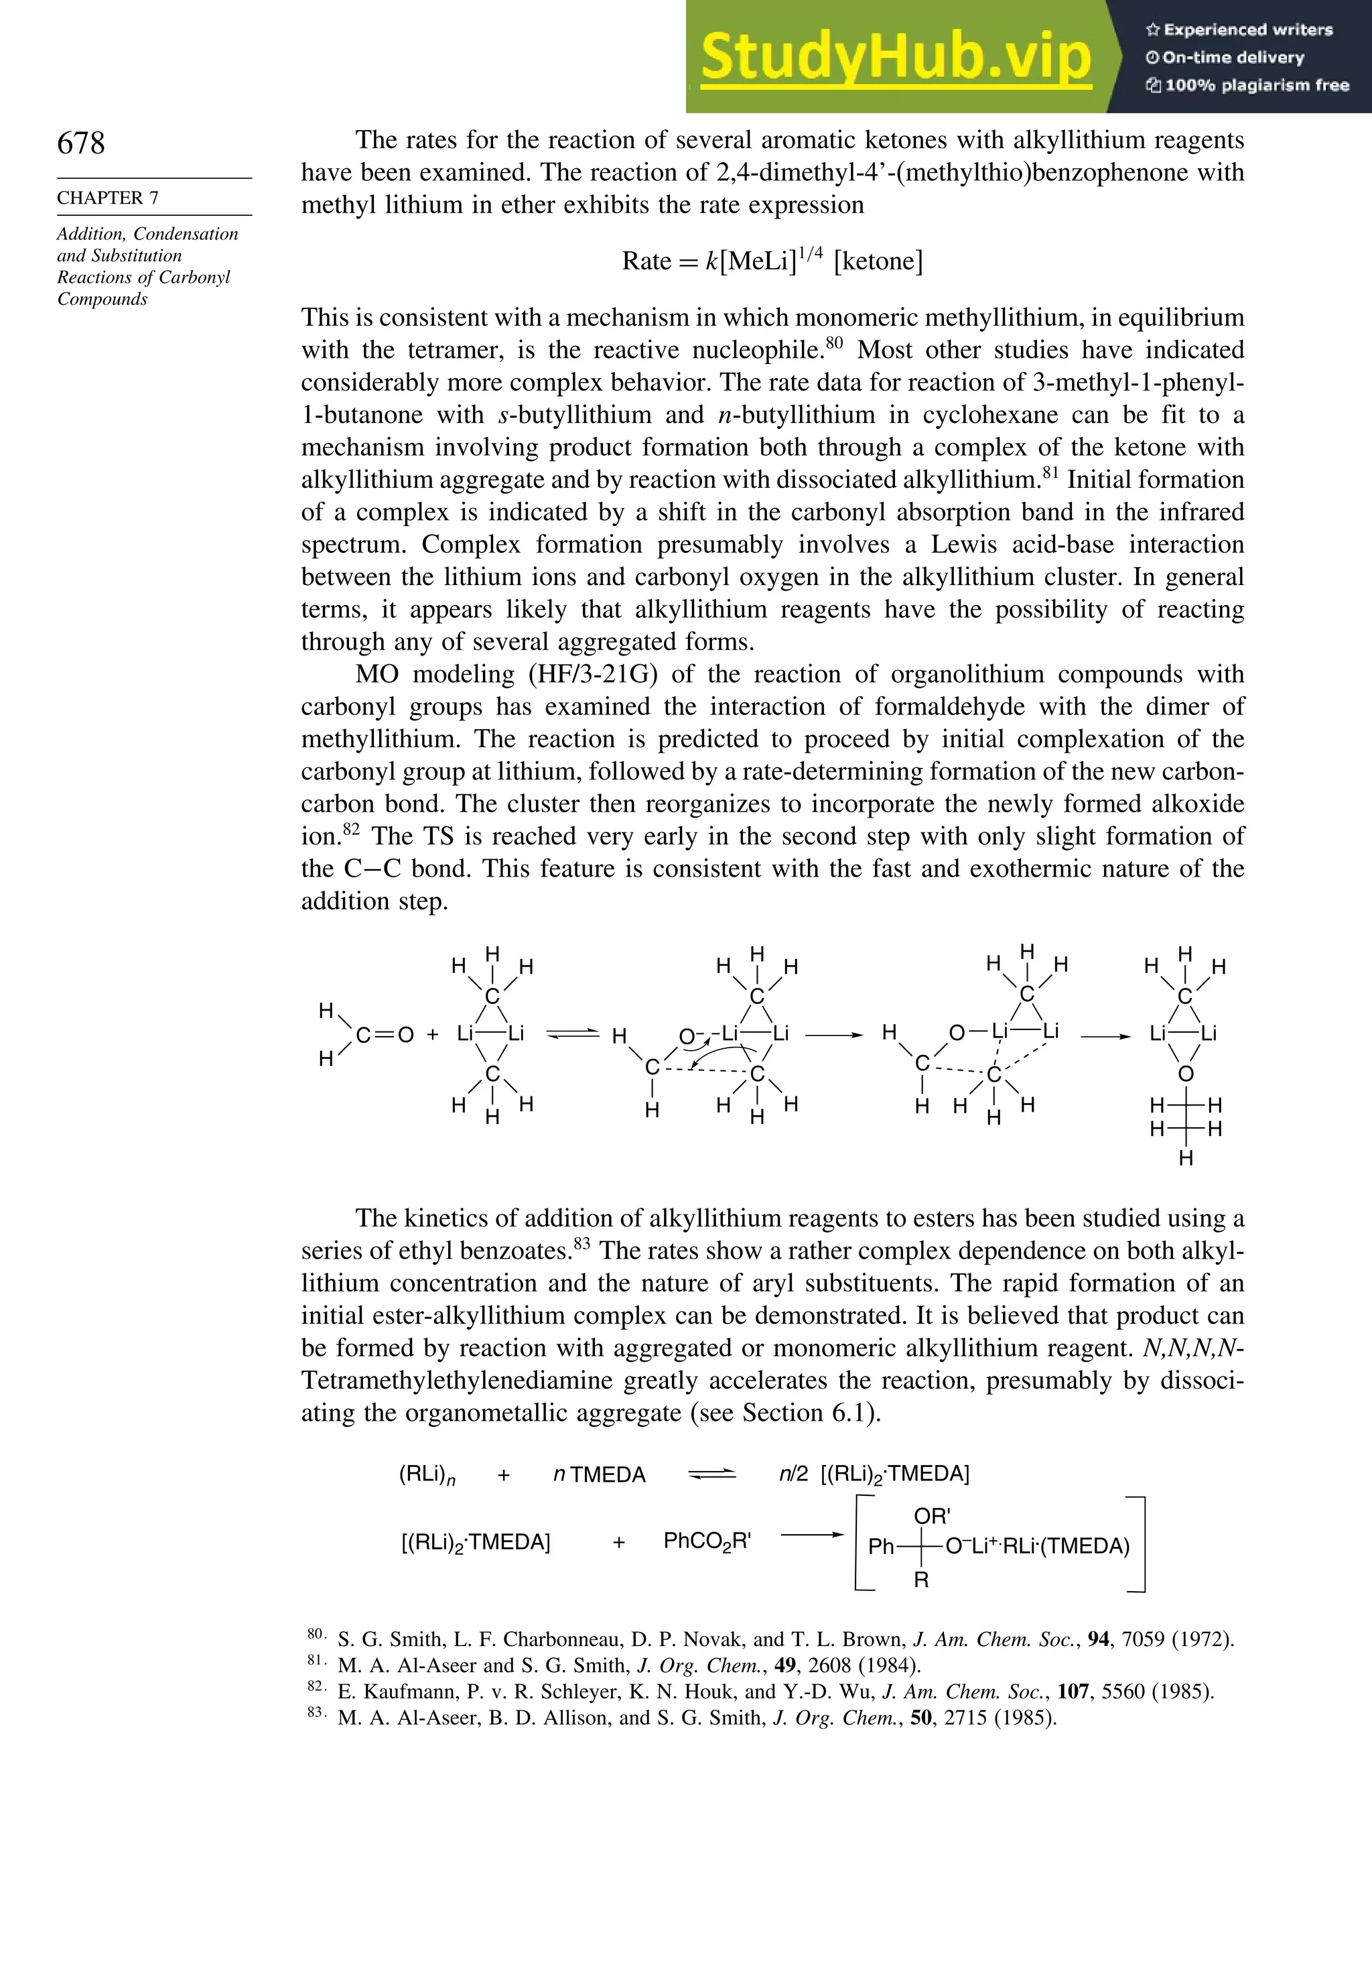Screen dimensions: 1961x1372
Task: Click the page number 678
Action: (81, 143)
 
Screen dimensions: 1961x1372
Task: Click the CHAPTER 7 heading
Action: (108, 197)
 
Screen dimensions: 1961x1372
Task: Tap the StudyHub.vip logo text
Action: (895, 57)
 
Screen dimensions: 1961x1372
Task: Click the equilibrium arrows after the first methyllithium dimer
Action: (573, 1034)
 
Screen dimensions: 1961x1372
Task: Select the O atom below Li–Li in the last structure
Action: (1185, 1074)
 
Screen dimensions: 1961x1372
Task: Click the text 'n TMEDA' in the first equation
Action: (600, 1475)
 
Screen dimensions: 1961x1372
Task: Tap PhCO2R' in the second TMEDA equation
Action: (707, 1541)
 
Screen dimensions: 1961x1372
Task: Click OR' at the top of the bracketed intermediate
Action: (931, 1517)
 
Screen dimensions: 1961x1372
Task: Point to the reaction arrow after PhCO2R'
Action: (812, 1535)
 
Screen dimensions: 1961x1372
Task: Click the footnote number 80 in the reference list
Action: (314, 1634)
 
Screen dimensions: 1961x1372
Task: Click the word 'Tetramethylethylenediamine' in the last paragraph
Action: (457, 1380)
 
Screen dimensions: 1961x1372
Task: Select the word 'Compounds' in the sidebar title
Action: (102, 299)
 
